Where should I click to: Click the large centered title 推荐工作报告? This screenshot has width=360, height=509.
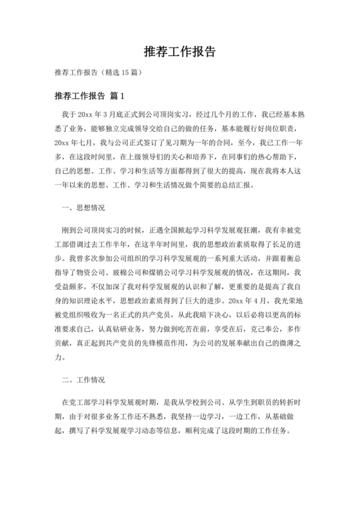(x=180, y=51)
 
